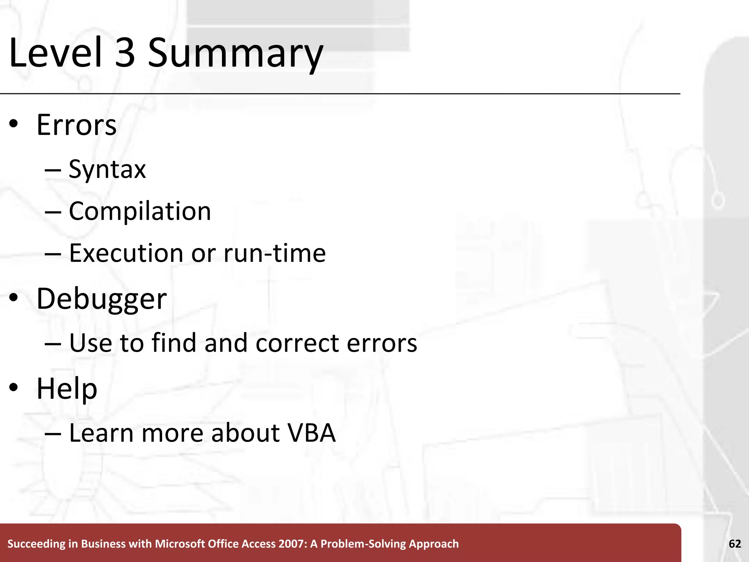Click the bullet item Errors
pyautogui.click(x=76, y=125)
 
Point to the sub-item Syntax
pyautogui.click(x=107, y=169)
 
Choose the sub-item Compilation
pyautogui.click(x=140, y=211)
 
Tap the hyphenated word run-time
pyautogui.click(x=274, y=253)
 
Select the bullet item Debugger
pyautogui.click(x=102, y=299)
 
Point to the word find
pyautogui.click(x=174, y=343)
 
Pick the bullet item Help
pyautogui.click(x=67, y=389)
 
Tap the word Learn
pyautogui.click(x=101, y=433)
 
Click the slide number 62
pyautogui.click(x=735, y=544)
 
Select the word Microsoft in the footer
pyautogui.click(x=181, y=544)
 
